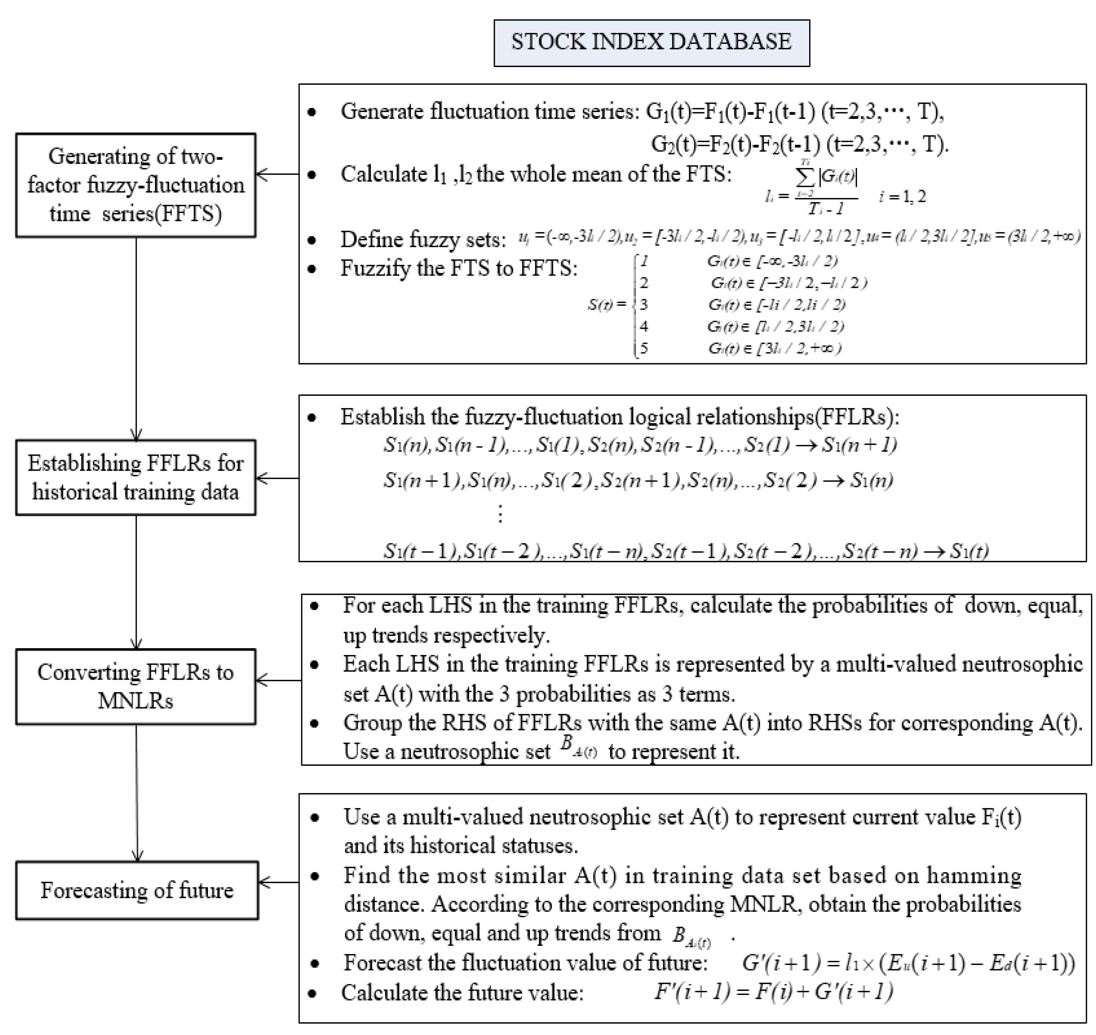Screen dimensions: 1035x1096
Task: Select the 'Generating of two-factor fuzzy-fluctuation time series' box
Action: (136, 185)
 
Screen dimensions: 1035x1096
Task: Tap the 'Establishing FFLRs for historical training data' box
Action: (136, 477)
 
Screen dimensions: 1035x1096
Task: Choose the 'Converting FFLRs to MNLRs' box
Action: (136, 686)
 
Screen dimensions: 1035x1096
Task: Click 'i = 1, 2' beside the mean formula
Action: (902, 196)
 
